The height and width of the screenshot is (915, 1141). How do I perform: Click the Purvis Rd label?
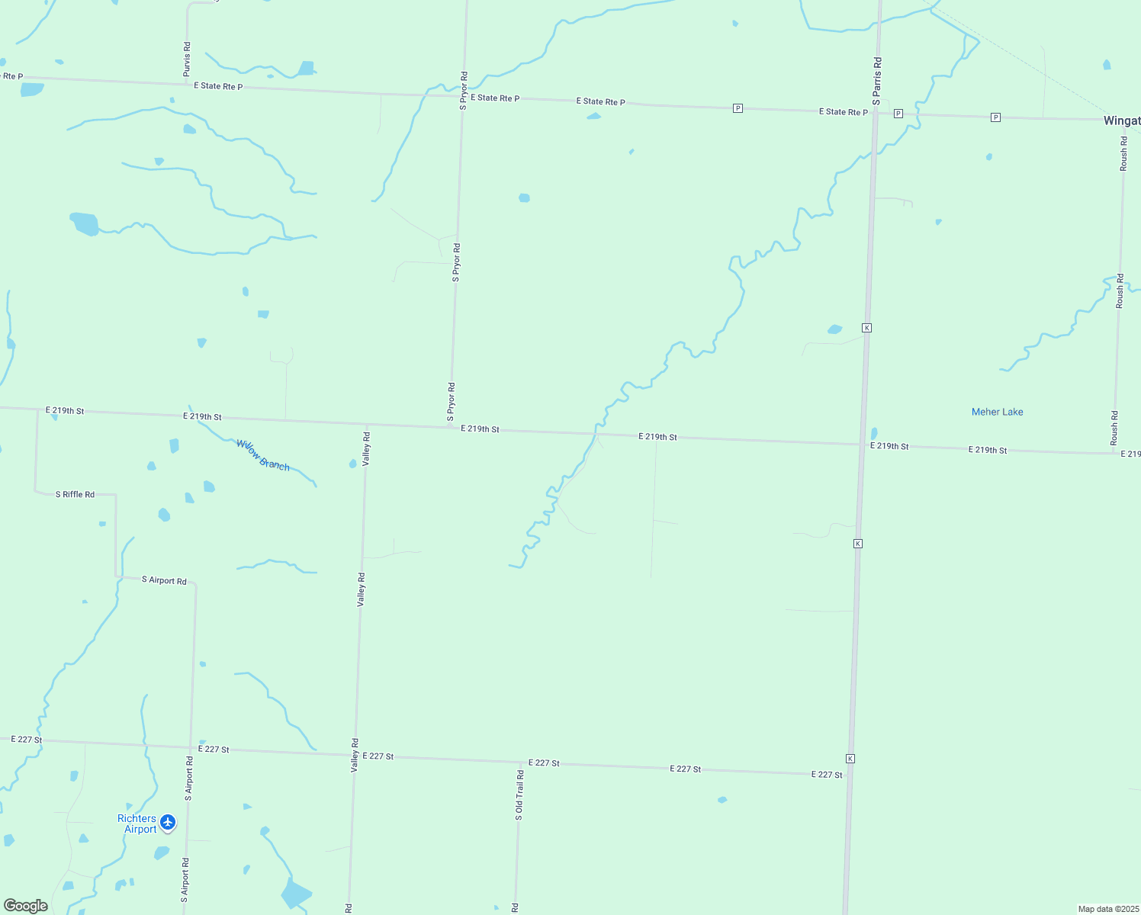(x=187, y=59)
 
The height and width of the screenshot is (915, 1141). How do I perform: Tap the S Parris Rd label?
(x=877, y=81)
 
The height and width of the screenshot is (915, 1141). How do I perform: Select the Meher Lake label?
(x=997, y=412)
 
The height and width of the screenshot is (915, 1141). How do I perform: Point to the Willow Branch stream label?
(x=263, y=454)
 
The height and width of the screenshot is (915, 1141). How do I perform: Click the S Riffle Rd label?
(x=75, y=495)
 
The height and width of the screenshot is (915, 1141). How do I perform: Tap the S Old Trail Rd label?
(x=519, y=795)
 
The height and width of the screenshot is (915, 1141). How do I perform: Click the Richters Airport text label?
(x=137, y=823)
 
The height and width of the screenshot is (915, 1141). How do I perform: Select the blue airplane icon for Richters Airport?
(x=168, y=823)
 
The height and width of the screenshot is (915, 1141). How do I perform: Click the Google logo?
(x=26, y=906)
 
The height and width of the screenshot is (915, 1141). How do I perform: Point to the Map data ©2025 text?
(x=1108, y=909)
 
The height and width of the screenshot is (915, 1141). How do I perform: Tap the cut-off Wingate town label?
(x=1122, y=120)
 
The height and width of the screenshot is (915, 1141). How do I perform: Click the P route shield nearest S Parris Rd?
(x=898, y=114)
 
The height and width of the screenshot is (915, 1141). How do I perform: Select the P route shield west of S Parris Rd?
(x=738, y=108)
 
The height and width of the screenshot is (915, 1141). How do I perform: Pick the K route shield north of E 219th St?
(x=866, y=328)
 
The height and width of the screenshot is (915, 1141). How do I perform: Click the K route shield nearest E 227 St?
(x=850, y=759)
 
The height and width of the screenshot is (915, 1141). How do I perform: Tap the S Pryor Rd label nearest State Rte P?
(x=463, y=91)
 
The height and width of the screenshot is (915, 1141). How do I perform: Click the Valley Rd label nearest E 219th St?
(x=366, y=449)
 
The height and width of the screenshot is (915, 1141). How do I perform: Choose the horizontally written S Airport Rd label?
(x=164, y=581)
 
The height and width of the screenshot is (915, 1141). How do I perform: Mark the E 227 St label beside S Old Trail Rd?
(x=545, y=762)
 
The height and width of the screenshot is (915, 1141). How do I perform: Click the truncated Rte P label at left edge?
(x=12, y=76)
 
